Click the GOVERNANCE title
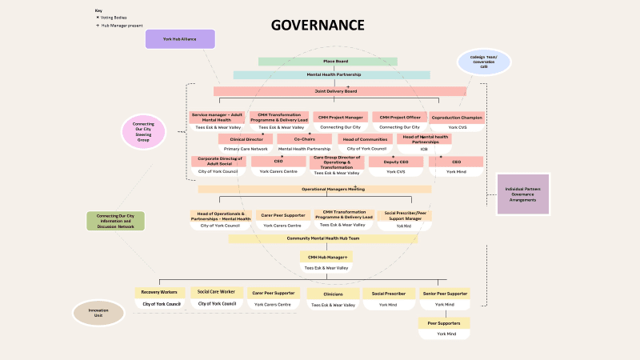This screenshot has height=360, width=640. pos(318,25)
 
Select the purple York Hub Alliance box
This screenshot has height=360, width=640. pos(180,38)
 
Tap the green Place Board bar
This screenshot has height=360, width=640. pos(327,62)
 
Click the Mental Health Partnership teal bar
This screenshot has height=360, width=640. pos(334,74)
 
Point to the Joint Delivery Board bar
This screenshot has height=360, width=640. pos(340,91)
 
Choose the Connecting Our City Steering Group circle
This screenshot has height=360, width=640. pos(143,132)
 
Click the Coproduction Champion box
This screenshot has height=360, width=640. pos(457,118)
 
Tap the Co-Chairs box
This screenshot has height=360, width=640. pos(304,139)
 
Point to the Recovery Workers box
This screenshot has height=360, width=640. pos(161,293)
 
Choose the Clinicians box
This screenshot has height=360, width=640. pos(333,294)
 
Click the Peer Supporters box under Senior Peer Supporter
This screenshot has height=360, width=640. pos(444,323)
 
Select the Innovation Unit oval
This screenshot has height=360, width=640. pos(98,313)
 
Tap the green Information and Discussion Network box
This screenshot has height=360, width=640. pos(115,221)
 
